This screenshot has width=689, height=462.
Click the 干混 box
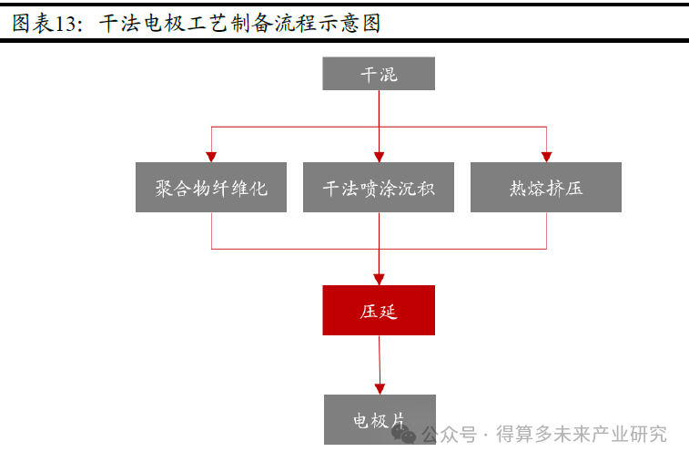(379, 74)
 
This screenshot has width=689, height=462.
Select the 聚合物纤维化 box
(211, 188)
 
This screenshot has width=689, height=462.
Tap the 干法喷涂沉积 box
(379, 188)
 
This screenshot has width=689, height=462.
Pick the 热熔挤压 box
(546, 188)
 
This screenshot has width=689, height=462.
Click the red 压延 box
(379, 310)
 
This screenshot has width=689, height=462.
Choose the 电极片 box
(380, 419)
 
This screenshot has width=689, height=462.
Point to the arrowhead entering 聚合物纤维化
(211, 157)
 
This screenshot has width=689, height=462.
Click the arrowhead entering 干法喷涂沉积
(379, 157)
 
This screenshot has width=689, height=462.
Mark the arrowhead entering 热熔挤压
(546, 157)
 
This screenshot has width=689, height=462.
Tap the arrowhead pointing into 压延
(379, 278)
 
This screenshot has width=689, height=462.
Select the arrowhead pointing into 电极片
(380, 387)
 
